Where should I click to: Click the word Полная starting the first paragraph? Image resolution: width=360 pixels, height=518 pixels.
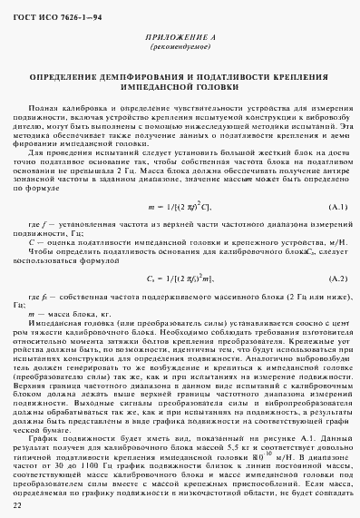click(44, 133)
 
